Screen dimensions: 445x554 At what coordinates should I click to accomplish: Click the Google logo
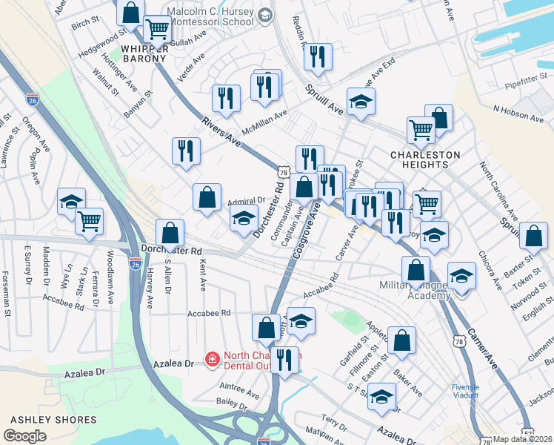point(24,435)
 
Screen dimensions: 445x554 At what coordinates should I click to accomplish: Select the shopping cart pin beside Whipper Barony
point(156,30)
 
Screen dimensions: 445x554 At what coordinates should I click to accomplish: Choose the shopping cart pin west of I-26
point(89,220)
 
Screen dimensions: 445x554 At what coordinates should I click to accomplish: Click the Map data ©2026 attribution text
point(523,439)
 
